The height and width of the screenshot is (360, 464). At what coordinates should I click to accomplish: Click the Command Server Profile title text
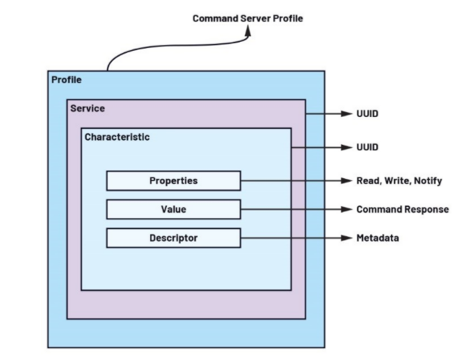point(248,18)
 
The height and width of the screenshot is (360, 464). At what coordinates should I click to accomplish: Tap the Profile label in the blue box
point(67,79)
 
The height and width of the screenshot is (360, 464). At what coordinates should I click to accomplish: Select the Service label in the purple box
point(88,109)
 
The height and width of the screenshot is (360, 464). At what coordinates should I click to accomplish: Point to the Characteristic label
point(117,137)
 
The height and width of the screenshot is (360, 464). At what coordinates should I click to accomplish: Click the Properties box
point(173,181)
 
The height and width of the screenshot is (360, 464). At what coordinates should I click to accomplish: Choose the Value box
point(173,210)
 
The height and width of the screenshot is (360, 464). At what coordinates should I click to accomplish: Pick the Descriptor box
point(173,238)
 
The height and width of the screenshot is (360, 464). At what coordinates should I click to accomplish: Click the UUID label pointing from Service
point(367,113)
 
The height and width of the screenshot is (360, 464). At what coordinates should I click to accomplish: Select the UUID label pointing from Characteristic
point(367,148)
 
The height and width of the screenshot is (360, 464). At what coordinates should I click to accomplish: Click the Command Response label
point(402,210)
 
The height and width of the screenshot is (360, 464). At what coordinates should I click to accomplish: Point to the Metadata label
point(377,238)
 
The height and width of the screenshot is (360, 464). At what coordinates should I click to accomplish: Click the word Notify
point(426,181)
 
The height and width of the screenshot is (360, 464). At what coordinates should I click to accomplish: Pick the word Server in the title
point(254,18)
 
